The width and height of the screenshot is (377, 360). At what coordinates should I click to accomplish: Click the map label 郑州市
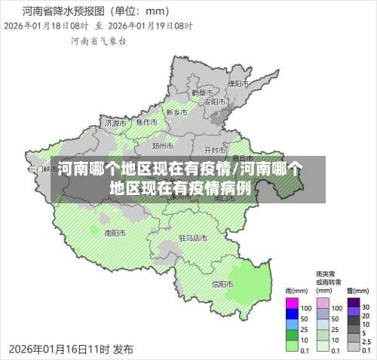[x=162, y=145]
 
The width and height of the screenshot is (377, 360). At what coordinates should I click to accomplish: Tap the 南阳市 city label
[x=115, y=232]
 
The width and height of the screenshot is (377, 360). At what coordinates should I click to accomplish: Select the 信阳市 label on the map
[x=222, y=284]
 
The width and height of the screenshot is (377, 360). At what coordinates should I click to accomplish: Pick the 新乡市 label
[x=176, y=112]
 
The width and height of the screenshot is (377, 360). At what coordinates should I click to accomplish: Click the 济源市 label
[x=116, y=123]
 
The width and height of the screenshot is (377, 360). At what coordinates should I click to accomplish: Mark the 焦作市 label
[x=146, y=122]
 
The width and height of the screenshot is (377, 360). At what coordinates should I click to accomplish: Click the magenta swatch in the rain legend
[x=293, y=307]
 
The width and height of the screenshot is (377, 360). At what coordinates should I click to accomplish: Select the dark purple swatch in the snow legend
[x=353, y=307]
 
